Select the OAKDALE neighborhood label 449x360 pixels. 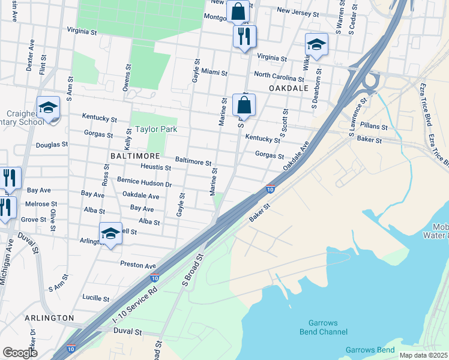point(288,88)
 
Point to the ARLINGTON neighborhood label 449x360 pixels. point(50,317)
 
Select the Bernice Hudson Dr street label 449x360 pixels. point(144,184)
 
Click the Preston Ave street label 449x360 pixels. point(138,265)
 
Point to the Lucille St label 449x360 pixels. point(95,298)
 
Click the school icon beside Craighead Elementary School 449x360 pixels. point(48,108)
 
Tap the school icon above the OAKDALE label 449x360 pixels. point(316,44)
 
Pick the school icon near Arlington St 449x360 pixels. point(110,233)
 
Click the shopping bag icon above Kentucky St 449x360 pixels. point(244,105)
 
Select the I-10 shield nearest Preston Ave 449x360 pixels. point(154,278)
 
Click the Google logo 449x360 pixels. point(20,353)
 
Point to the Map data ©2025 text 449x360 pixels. point(423,355)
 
